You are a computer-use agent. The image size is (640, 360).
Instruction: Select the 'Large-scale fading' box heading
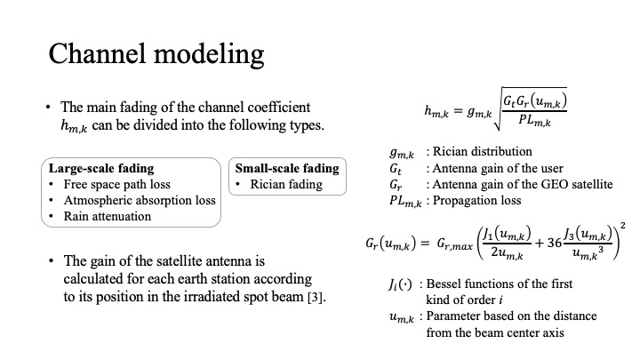click(x=100, y=168)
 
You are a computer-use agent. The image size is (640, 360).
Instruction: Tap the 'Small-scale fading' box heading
click(x=286, y=168)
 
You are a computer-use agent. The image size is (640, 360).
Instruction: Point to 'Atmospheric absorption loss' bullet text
click(x=140, y=200)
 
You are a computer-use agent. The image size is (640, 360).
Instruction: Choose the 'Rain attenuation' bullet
click(x=108, y=216)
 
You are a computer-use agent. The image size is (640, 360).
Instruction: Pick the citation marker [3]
click(x=316, y=297)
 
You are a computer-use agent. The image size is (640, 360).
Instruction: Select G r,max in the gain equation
click(x=452, y=244)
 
